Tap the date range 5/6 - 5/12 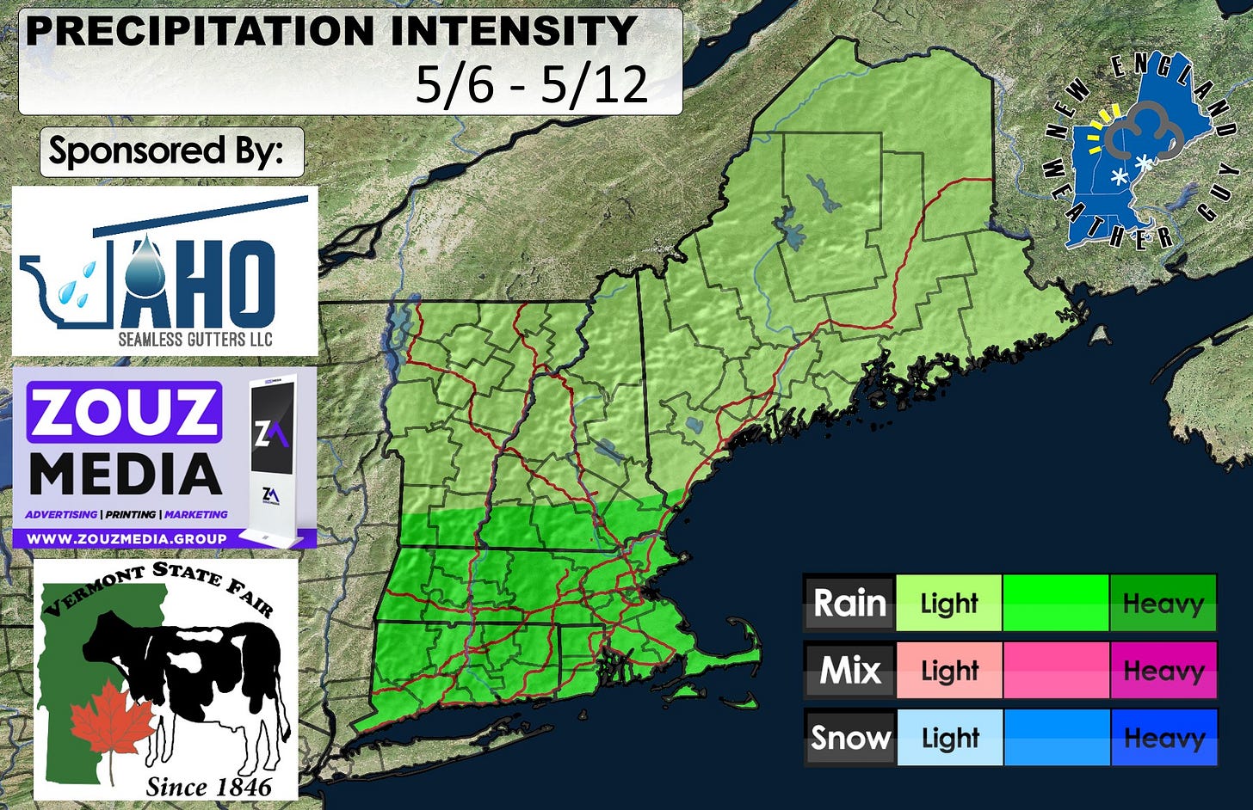point(531,84)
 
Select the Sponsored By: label point(166,151)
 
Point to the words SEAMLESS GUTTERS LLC point(195,339)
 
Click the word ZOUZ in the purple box point(124,412)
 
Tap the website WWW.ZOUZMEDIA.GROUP point(127,538)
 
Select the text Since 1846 point(208,786)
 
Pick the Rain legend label point(849,603)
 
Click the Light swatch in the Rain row point(949,603)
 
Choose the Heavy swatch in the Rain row point(1163,603)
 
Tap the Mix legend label point(849,670)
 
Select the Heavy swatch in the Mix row point(1163,670)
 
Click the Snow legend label point(849,737)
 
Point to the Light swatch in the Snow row point(949,737)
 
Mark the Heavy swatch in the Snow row point(1163,737)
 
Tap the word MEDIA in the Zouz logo point(126,475)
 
